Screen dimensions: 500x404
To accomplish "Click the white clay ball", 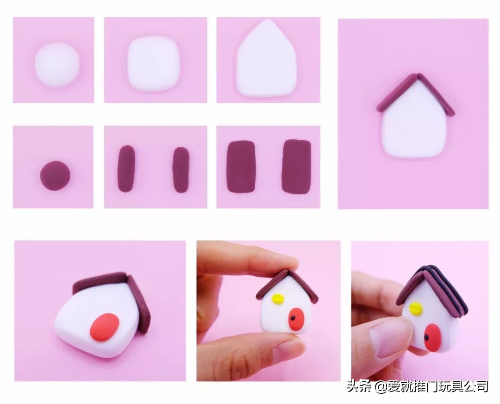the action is pyautogui.click(x=57, y=65).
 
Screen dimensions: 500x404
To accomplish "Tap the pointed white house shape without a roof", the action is pyautogui.click(x=267, y=59).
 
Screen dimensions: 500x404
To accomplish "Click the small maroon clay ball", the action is pyautogui.click(x=55, y=176).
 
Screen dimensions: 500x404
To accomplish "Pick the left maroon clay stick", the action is pyautogui.click(x=126, y=168).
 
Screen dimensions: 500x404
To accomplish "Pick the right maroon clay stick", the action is pyautogui.click(x=181, y=170).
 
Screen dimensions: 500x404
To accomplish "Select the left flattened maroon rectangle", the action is pyautogui.click(x=241, y=167).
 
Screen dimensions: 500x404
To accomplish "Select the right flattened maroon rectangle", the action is pyautogui.click(x=297, y=167).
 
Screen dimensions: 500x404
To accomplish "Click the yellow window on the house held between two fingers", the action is pyautogui.click(x=278, y=298).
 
